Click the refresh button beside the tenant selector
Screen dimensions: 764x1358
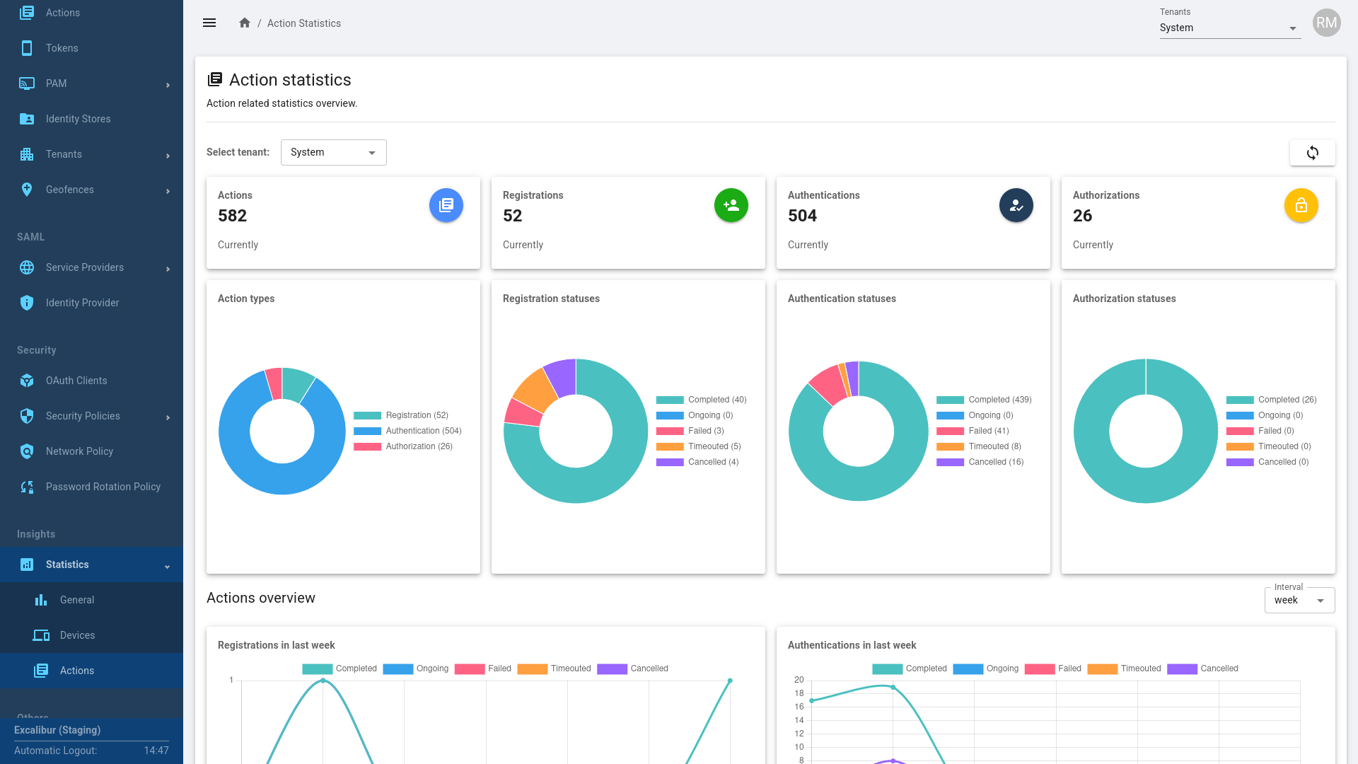tap(1312, 153)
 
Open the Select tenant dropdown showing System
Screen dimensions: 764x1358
tap(333, 153)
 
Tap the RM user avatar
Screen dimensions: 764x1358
tap(1326, 23)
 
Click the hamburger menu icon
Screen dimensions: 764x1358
tap(209, 23)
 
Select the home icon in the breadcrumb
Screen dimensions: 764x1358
tap(245, 23)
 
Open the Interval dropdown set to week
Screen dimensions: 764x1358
tap(1299, 601)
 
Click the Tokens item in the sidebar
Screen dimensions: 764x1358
tap(62, 48)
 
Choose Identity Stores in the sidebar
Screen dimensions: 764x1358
tap(78, 119)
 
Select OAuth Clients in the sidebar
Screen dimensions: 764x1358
tap(76, 381)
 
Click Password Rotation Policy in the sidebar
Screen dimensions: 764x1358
tap(103, 487)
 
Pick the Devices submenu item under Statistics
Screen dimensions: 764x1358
tap(77, 635)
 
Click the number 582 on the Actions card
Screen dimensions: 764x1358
tap(233, 216)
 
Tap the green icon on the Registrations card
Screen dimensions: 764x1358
tap(731, 205)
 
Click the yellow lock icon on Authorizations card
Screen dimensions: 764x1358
tap(1301, 205)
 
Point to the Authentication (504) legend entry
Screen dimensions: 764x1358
tap(423, 431)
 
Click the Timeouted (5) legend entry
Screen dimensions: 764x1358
tap(714, 446)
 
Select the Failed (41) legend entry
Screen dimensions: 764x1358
tap(988, 431)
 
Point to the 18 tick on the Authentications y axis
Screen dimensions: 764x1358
tap(799, 693)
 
